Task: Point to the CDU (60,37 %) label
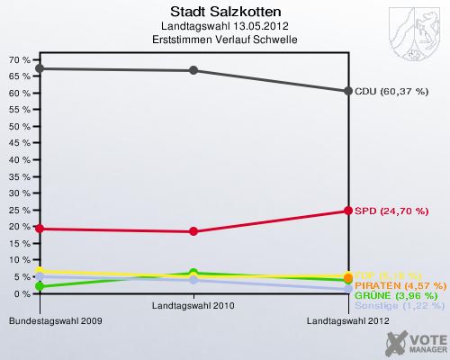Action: coord(391,91)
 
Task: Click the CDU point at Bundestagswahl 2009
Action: coord(38,68)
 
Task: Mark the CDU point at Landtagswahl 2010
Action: coord(193,70)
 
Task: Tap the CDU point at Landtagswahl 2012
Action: coord(348,91)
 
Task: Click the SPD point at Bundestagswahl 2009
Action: coord(38,229)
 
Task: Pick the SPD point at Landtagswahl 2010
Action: coord(193,231)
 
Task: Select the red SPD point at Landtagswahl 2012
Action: coord(348,211)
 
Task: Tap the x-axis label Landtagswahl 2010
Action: coord(193,307)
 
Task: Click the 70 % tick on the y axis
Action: coord(19,59)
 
